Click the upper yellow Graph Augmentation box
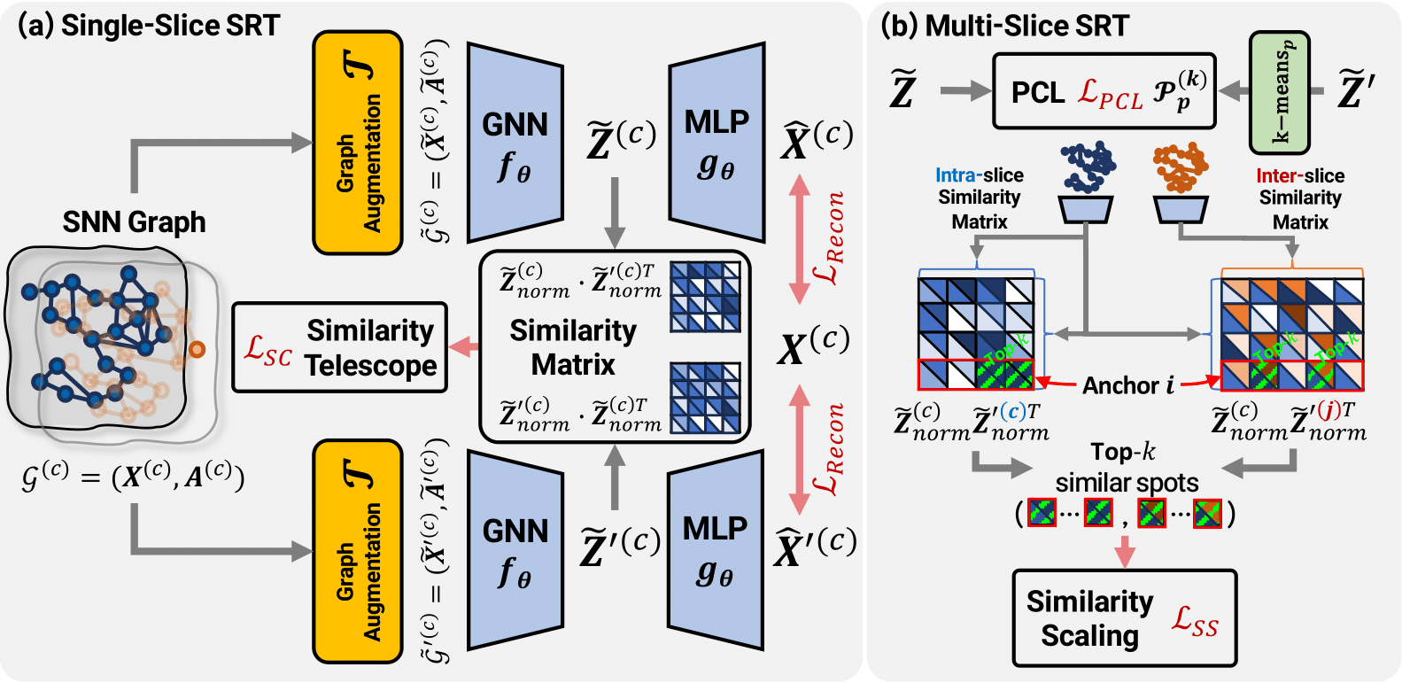[x=358, y=143]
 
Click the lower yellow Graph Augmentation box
[x=358, y=551]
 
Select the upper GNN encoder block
[x=515, y=143]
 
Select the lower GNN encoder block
[x=515, y=550]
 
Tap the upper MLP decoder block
[x=716, y=142]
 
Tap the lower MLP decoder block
[x=715, y=550]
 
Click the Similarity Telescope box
[x=339, y=347]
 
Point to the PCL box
[x=1104, y=91]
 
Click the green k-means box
[x=1279, y=92]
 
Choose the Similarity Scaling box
[x=1124, y=617]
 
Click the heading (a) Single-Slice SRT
[x=149, y=26]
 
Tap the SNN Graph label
[x=134, y=221]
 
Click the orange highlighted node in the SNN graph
[x=197, y=350]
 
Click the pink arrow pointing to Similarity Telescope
[x=463, y=347]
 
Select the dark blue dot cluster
[x=1088, y=167]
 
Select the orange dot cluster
[x=1180, y=167]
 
